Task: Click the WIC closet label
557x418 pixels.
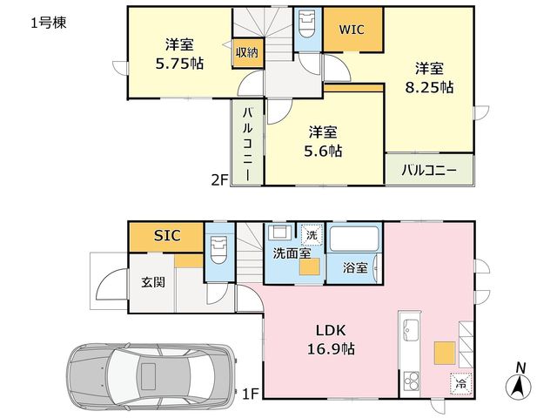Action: (352, 30)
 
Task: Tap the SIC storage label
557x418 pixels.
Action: (167, 236)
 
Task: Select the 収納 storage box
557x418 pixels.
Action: (247, 52)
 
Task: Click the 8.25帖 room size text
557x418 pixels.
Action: (429, 87)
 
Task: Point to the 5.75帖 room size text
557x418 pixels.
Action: (179, 64)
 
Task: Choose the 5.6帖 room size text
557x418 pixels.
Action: (323, 151)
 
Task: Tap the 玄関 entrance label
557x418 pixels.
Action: (153, 282)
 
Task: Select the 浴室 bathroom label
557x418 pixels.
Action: (355, 267)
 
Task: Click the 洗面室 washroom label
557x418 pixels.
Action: (292, 253)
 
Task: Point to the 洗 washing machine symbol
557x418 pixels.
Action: (312, 234)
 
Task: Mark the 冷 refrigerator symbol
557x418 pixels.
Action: (460, 383)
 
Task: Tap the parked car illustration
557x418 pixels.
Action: (151, 377)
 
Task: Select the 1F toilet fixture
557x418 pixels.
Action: (218, 250)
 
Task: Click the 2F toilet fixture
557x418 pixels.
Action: (307, 24)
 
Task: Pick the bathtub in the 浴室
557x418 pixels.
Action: (354, 239)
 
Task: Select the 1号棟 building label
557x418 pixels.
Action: (49, 24)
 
